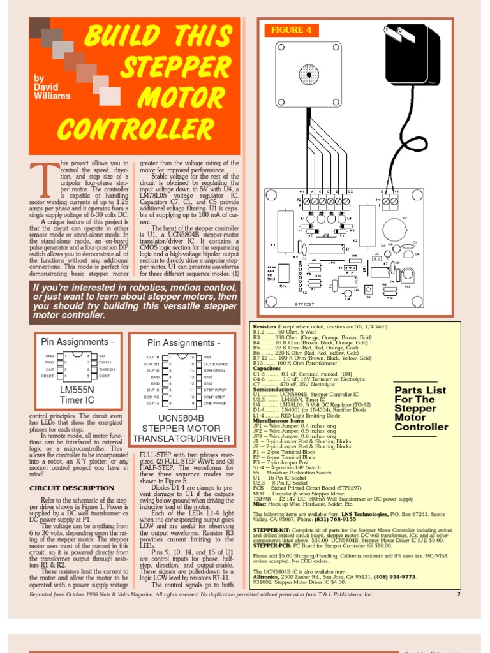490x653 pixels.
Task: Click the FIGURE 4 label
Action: pos(291,30)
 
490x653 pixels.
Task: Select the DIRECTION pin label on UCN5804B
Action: pos(214,370)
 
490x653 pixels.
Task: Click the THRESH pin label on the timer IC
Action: pos(107,369)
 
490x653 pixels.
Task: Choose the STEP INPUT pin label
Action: pos(216,389)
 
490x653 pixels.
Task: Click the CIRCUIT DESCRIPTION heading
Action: pos(72,488)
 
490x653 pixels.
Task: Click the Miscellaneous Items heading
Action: pos(278,420)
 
